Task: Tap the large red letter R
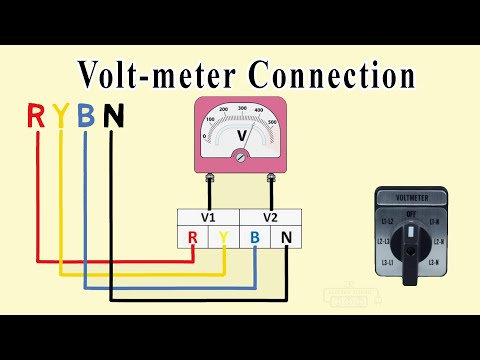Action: [36, 117]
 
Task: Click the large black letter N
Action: [113, 117]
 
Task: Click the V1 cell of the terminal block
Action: [208, 217]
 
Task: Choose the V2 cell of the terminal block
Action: [270, 217]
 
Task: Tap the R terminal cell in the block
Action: [192, 238]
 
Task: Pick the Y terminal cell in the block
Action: [223, 238]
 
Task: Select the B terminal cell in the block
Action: [255, 238]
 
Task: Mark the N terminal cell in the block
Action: [286, 238]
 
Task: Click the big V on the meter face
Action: [240, 133]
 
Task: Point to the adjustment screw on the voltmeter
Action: [240, 155]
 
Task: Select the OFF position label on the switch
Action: [411, 212]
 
